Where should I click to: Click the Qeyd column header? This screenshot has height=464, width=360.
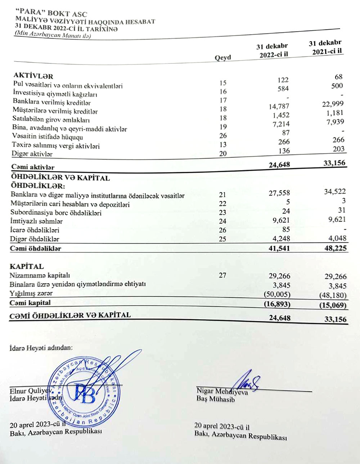click(x=223, y=58)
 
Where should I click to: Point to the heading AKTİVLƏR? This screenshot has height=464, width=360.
click(x=33, y=76)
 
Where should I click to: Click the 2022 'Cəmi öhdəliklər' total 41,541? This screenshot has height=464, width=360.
click(x=279, y=248)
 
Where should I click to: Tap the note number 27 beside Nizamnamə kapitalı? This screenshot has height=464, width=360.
click(x=222, y=276)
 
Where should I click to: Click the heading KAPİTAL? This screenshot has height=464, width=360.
click(x=27, y=267)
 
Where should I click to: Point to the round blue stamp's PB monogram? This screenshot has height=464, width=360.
click(x=85, y=393)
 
